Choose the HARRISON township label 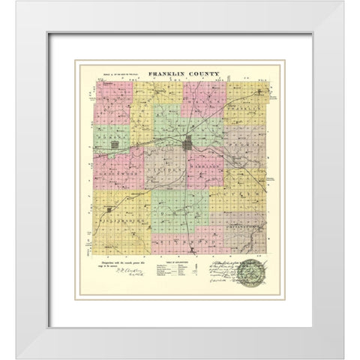(x=202, y=166)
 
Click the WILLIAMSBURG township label (x=120, y=223)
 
